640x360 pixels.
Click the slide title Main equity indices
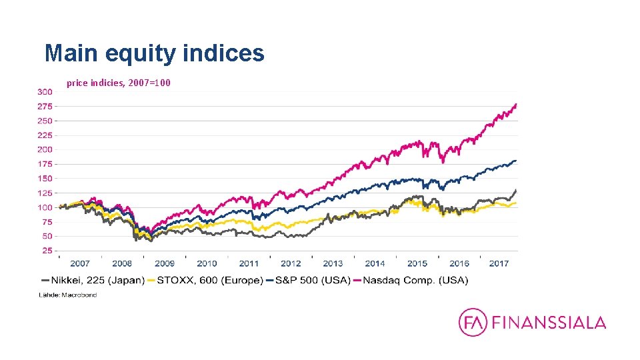point(154,53)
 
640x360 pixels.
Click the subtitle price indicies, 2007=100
point(118,83)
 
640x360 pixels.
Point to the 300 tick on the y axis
point(45,91)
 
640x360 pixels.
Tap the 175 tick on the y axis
point(45,164)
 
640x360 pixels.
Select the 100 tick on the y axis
point(45,207)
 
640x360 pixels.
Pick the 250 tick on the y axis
point(45,121)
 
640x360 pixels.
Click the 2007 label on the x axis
point(80,264)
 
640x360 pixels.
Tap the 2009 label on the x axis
point(164,264)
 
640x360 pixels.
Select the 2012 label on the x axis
point(291,264)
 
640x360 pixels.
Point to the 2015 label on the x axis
point(417,264)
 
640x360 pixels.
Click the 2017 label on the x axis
point(499,264)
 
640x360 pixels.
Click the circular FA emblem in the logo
point(473,323)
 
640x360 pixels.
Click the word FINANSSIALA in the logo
point(549,323)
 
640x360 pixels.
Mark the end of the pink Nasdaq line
point(516,105)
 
